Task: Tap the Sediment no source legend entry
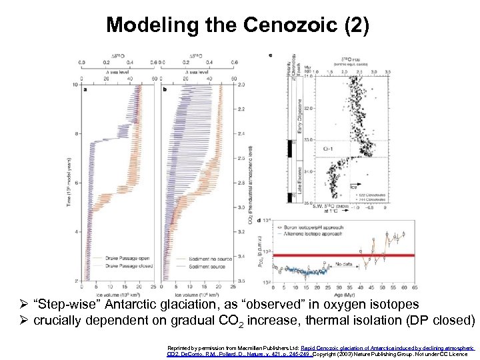[x=211, y=257]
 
